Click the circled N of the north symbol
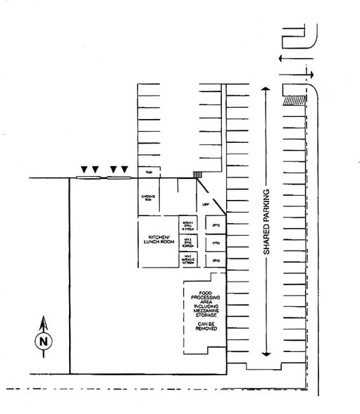tap(44, 341)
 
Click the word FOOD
tap(205, 292)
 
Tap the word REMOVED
tap(205, 329)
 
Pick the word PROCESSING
tap(205, 299)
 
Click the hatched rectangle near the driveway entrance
tap(293, 101)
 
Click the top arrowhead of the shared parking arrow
tap(266, 89)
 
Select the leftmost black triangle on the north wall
tap(84, 169)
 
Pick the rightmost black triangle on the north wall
tap(125, 169)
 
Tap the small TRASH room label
tap(149, 172)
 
